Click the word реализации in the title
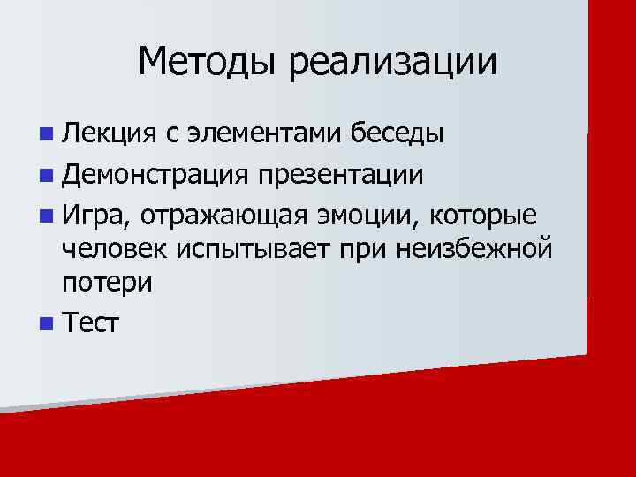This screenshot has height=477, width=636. click(x=392, y=62)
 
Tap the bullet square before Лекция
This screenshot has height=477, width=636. click(x=45, y=135)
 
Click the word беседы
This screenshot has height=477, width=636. click(x=397, y=134)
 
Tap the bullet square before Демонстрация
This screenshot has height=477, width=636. click(x=45, y=175)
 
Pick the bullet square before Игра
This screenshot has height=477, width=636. click(x=45, y=216)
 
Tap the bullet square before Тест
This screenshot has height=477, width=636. click(x=45, y=324)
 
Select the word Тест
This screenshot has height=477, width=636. click(x=90, y=324)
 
